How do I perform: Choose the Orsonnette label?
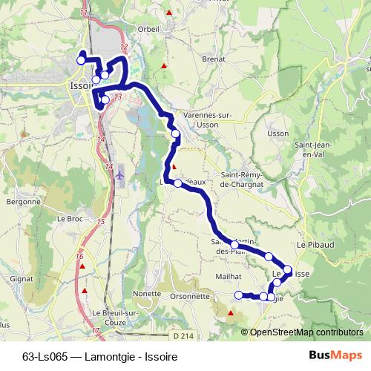coord(189,295)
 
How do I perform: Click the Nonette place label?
coord(148,293)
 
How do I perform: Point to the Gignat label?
coord(22,278)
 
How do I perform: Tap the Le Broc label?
coord(69,219)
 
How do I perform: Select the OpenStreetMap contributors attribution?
coord(306,332)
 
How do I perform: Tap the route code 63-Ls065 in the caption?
coord(45,355)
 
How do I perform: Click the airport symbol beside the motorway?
coord(120,174)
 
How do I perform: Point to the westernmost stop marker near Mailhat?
coord(238,295)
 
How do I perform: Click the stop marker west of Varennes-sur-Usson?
coord(175,134)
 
